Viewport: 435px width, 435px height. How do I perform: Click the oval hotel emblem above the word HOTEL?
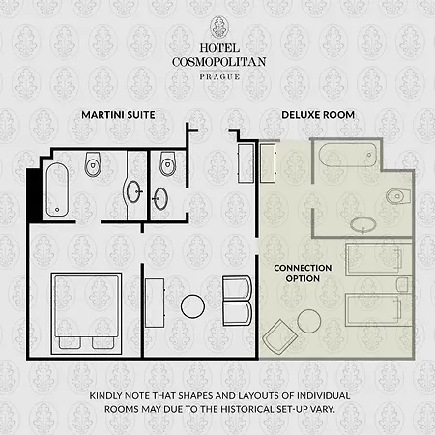[x=219, y=28]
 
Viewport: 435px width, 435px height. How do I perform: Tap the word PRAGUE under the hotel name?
[x=219, y=77]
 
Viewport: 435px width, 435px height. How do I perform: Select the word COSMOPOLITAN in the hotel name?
[x=219, y=62]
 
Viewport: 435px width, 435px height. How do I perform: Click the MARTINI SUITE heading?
[x=118, y=115]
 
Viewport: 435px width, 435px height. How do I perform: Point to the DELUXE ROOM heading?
[x=318, y=115]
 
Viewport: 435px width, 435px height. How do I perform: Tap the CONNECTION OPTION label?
[x=303, y=274]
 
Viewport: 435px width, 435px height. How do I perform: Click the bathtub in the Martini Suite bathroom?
[x=57, y=189]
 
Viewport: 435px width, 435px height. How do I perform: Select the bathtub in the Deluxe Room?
[x=348, y=155]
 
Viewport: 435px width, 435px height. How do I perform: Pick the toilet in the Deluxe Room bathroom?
[x=398, y=196]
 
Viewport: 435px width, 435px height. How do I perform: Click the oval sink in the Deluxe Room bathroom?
[x=363, y=225]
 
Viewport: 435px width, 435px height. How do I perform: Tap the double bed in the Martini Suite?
[x=86, y=313]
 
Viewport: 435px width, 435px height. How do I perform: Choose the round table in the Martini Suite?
[x=192, y=306]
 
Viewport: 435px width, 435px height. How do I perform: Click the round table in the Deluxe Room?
[x=309, y=321]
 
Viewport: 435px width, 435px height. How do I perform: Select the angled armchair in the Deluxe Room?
[x=279, y=335]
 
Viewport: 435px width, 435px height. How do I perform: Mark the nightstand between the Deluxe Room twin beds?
[x=403, y=285]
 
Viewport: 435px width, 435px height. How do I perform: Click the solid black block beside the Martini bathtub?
[x=34, y=194]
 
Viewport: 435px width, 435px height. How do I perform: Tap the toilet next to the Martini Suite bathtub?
[x=93, y=164]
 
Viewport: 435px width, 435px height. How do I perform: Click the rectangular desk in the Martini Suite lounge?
[x=155, y=303]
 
